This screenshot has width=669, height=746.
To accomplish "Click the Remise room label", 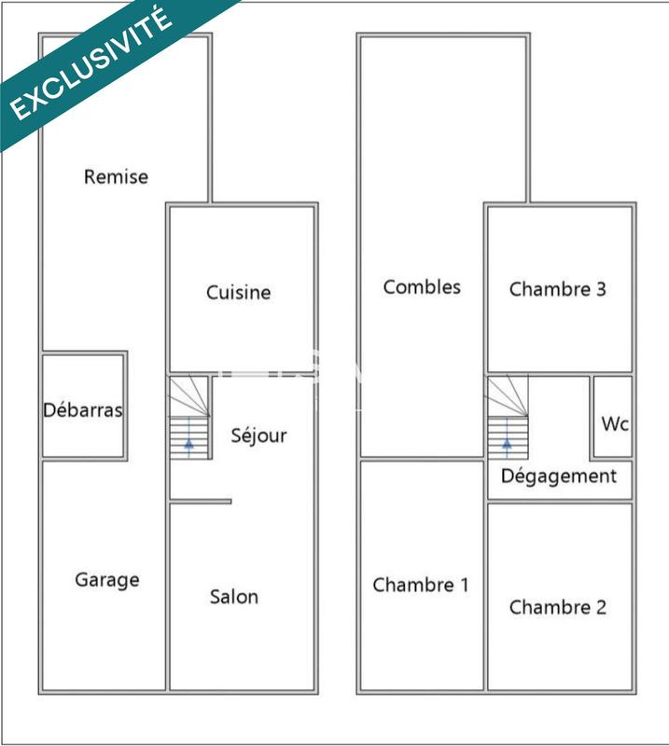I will (116, 176).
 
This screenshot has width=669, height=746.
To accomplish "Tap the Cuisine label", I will (239, 293).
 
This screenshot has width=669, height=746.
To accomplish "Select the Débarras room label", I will (83, 410).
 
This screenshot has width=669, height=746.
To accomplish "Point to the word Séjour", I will (258, 435).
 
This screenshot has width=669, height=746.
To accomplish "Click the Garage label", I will (107, 580).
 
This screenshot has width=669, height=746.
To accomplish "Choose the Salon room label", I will (234, 597).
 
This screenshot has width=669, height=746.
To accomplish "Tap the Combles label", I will (422, 287).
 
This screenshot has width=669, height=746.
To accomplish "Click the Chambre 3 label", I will (558, 289).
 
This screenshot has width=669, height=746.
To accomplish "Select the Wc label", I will (615, 424).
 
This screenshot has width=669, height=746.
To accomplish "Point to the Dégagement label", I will (559, 477).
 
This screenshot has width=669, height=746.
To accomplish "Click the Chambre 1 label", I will (421, 586).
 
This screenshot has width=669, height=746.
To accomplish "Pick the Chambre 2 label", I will (558, 608).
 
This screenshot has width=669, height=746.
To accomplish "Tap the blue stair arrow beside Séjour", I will (189, 442).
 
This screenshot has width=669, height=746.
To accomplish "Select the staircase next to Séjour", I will (189, 417).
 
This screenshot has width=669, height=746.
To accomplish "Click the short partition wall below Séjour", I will (201, 502).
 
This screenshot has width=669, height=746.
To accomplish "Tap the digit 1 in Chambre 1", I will (464, 586).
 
